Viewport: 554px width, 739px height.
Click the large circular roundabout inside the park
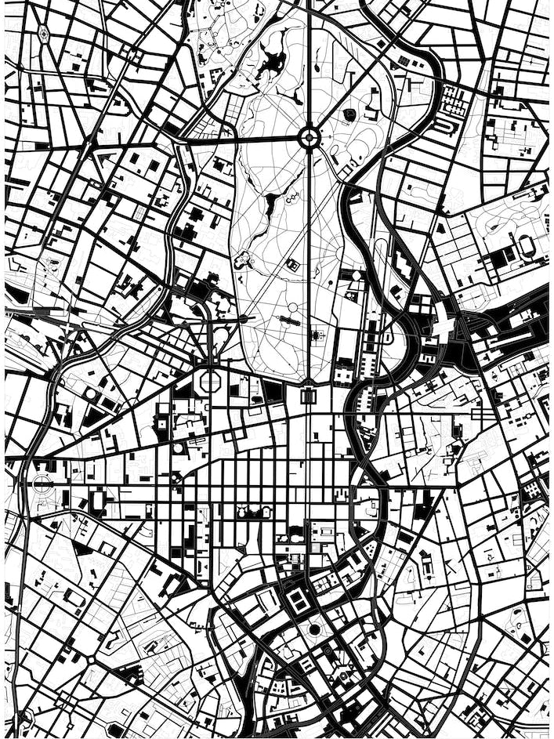point(309,138)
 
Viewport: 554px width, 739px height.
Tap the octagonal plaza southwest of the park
point(211,382)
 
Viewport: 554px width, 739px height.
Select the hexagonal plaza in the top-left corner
point(43,34)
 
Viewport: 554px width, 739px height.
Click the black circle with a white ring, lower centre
point(314,629)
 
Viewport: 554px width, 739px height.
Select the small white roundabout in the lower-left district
point(91,660)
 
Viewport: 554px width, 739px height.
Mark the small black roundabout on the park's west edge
point(244,318)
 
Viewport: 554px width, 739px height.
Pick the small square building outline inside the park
point(292,266)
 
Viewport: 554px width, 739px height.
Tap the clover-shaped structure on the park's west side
point(243,259)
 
